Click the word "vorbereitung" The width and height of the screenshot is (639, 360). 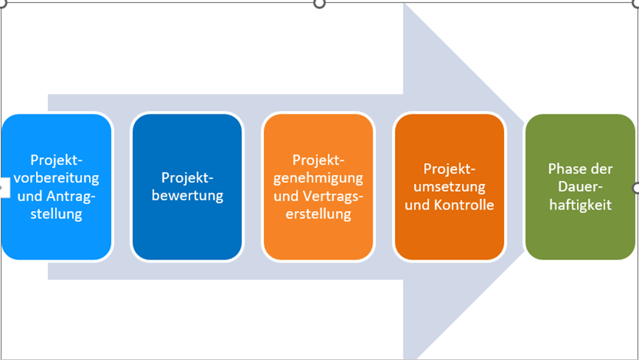point(56,177)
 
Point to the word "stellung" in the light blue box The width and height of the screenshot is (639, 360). point(56,214)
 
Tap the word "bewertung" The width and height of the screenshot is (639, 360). point(187,195)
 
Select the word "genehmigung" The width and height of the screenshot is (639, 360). point(318,177)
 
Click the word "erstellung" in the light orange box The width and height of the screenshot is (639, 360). point(318,214)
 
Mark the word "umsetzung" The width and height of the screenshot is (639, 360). point(450,187)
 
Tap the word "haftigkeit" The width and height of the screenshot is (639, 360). point(580,205)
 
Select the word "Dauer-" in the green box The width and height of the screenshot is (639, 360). point(580,187)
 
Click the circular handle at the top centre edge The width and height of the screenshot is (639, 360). point(320,3)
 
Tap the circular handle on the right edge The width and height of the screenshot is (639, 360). point(636,188)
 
